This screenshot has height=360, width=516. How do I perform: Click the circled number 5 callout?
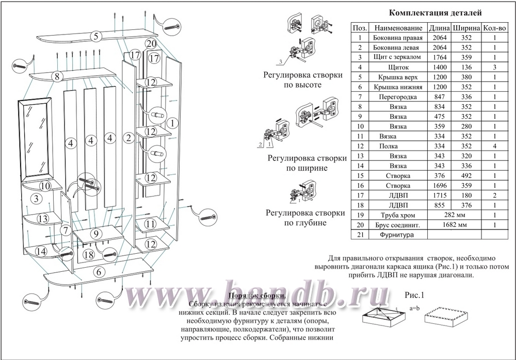pyautogui.click(x=95, y=36)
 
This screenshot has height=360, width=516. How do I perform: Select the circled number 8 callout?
pyautogui.click(x=58, y=77)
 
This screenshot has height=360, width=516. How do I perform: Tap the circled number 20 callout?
pyautogui.click(x=151, y=43)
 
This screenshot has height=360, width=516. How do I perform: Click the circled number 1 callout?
pyautogui.click(x=173, y=123)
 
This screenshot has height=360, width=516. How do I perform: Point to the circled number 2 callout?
pyautogui.click(x=129, y=138)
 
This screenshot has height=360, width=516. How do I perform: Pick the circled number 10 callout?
pyautogui.click(x=45, y=186)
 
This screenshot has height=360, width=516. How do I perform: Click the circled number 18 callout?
pyautogui.click(x=89, y=254)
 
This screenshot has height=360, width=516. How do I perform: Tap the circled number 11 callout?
pyautogui.click(x=151, y=224)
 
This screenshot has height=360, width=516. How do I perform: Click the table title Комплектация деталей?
pyautogui.click(x=434, y=13)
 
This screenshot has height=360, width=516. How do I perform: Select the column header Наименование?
pyautogui.click(x=398, y=28)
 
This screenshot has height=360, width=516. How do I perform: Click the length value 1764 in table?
pyautogui.click(x=440, y=57)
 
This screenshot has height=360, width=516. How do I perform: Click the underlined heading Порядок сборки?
pyautogui.click(x=257, y=297)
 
